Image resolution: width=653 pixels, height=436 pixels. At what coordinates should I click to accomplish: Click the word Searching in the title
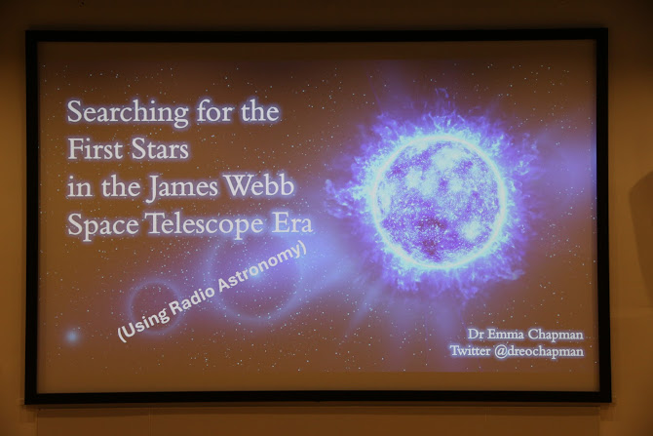tap(128, 112)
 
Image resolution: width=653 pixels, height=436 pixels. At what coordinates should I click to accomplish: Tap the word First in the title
tap(95, 149)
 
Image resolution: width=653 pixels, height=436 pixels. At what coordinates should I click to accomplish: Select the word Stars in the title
tap(160, 149)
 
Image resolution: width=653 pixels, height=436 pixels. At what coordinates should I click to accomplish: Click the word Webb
tap(260, 185)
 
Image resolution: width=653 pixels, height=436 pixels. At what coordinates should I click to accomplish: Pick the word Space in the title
tap(103, 225)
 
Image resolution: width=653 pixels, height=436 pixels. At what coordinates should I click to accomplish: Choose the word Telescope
tap(205, 224)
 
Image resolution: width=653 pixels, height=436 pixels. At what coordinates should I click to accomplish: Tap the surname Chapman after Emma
tap(556, 335)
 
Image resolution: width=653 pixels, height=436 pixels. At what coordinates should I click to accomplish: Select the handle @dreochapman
tap(539, 351)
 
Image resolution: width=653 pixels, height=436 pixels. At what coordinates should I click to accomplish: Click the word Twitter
tap(470, 350)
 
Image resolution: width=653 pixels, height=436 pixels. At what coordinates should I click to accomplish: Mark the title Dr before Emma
tap(475, 335)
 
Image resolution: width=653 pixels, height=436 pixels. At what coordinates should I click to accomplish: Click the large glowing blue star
tap(441, 202)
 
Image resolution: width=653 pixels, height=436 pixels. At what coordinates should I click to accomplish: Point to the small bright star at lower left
tap(72, 336)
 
